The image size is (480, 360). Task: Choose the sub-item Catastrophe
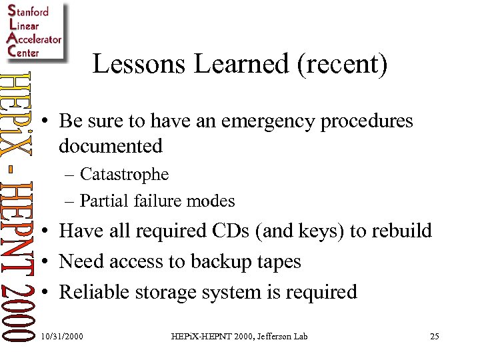click(x=124, y=175)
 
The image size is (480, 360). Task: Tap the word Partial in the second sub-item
click(x=100, y=200)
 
